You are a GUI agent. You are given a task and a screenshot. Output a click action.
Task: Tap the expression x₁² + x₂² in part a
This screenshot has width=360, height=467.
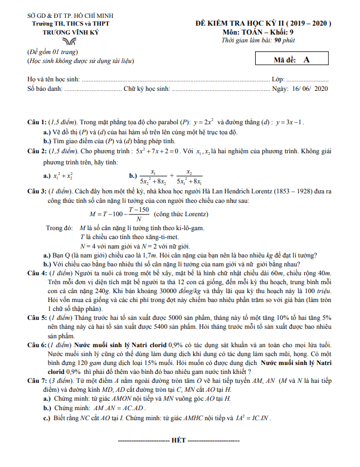click(x=66, y=176)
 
